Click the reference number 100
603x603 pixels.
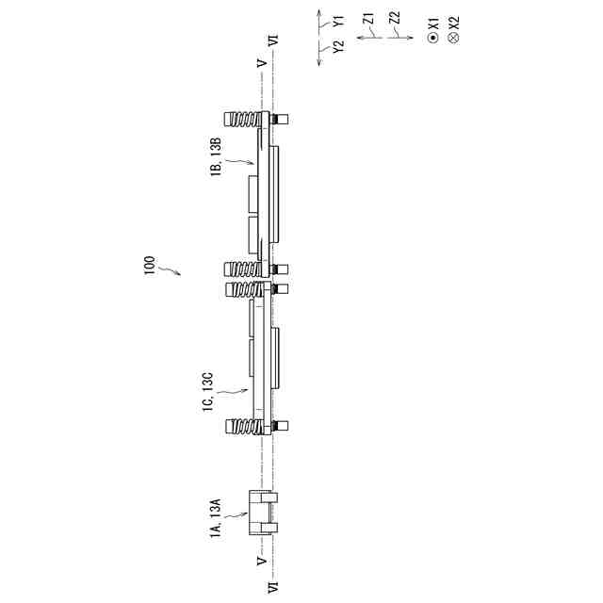[149, 266]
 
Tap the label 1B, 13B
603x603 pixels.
[216, 156]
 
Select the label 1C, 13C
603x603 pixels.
[207, 392]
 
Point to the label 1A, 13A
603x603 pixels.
[216, 518]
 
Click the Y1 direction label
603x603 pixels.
[339, 21]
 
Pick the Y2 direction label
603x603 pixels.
[339, 46]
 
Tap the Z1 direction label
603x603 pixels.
[369, 19]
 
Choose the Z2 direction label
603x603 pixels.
[395, 18]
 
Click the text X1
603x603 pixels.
[433, 23]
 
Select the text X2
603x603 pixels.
[454, 23]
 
